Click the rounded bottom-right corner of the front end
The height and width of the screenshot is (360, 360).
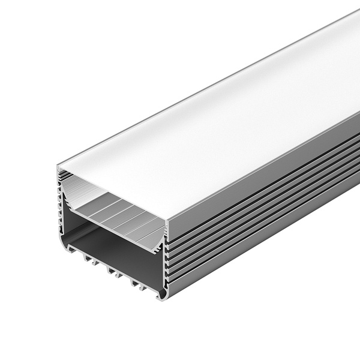[x=161, y=296]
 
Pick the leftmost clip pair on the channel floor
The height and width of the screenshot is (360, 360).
[x=90, y=259]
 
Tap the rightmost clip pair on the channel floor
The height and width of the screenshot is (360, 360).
[x=136, y=282]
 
